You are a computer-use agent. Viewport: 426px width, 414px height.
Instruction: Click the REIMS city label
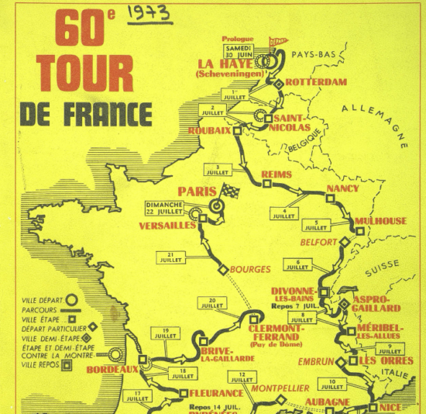[x=277, y=174]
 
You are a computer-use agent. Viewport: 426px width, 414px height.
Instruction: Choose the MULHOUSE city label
[x=380, y=221]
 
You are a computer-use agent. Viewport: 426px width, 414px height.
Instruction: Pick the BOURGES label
[x=250, y=270]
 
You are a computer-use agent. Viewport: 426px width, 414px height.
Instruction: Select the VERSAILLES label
[x=167, y=225]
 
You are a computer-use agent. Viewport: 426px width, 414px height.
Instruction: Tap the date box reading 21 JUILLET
[x=170, y=257]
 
